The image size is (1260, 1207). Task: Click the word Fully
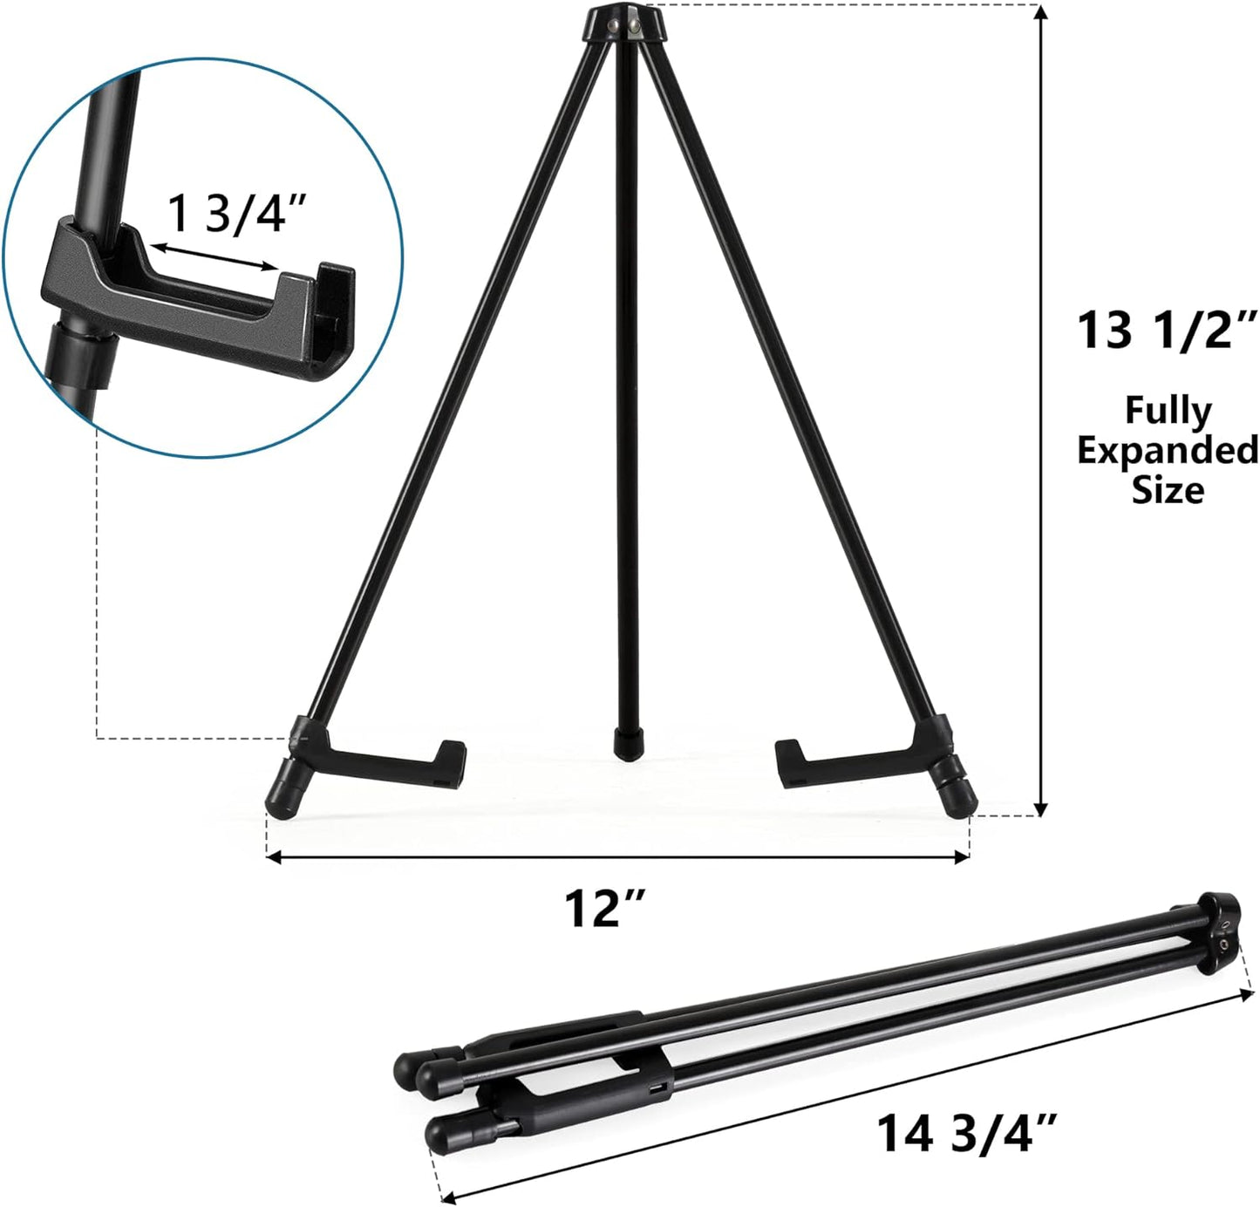click(1168, 410)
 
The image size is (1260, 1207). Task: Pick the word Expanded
click(1168, 451)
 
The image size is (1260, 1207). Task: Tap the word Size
click(1168, 490)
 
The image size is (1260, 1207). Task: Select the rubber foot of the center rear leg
click(624, 744)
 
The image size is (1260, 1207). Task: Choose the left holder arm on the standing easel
click(384, 760)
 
